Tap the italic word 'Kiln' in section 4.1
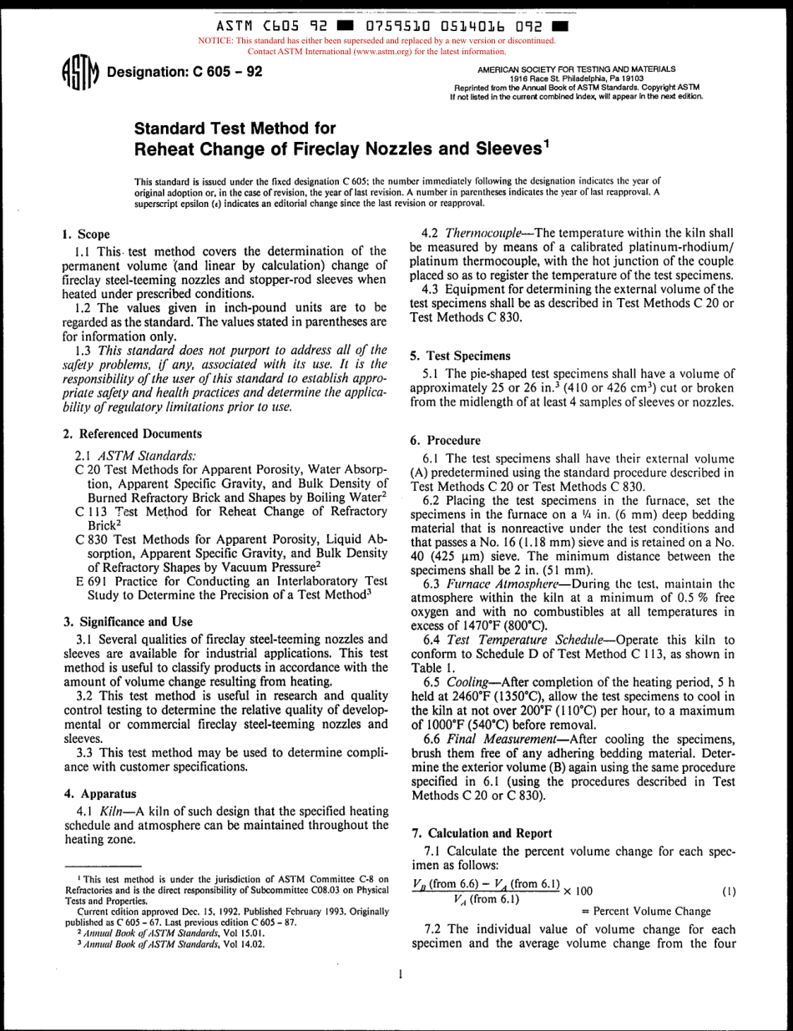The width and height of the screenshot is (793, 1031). pos(111,811)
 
